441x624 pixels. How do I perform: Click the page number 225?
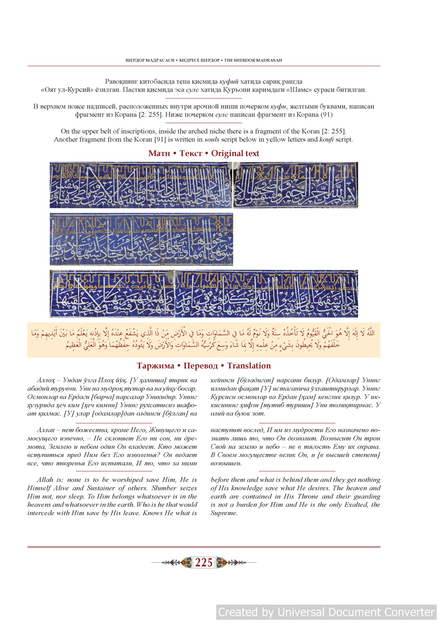pos(203,563)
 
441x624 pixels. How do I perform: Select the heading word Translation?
pos(249,366)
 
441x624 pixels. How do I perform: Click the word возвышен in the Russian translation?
pos(226,463)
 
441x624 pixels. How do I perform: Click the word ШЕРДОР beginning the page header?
pos(136,60)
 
